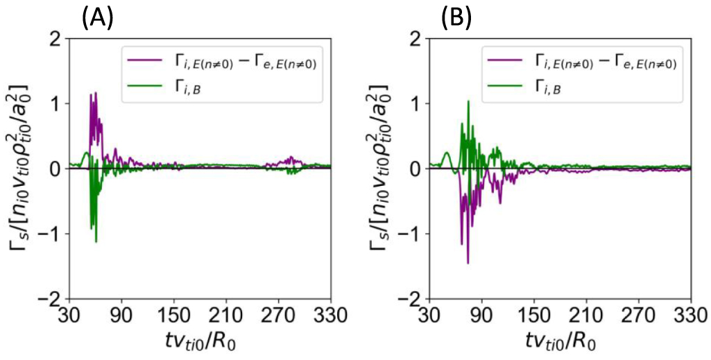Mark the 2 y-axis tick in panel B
(x=417, y=39)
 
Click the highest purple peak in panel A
(x=96, y=93)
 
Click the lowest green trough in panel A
(x=96, y=241)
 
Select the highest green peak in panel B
(x=468, y=101)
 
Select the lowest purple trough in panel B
(x=468, y=263)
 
